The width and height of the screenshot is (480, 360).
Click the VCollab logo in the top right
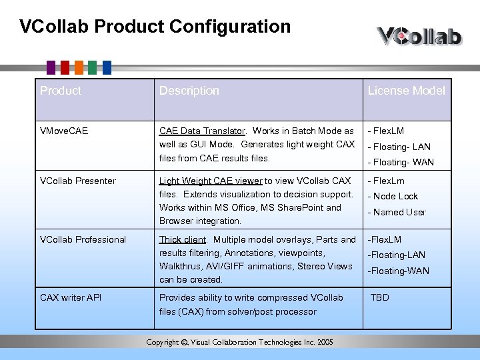[x=419, y=35]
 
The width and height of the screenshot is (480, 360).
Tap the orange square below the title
[x=79, y=67]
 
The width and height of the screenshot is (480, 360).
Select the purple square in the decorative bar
[x=51, y=67]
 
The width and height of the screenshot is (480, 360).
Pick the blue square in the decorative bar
[x=106, y=67]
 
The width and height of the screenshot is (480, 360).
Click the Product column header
[x=61, y=91]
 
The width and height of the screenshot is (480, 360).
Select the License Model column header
[x=406, y=91]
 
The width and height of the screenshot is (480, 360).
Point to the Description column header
[x=189, y=91]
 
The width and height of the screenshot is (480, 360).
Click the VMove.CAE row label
[x=64, y=131]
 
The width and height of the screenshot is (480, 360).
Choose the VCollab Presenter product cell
[x=78, y=181]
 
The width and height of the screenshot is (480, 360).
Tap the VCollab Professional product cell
[x=83, y=240]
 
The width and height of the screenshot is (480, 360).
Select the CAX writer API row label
[x=71, y=298]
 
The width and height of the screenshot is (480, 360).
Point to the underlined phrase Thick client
[x=183, y=240]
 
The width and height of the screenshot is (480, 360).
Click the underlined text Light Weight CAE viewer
[x=211, y=181]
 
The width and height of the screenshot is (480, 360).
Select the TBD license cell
[x=380, y=298]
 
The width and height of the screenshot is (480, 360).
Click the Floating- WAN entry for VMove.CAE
[x=401, y=163]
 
